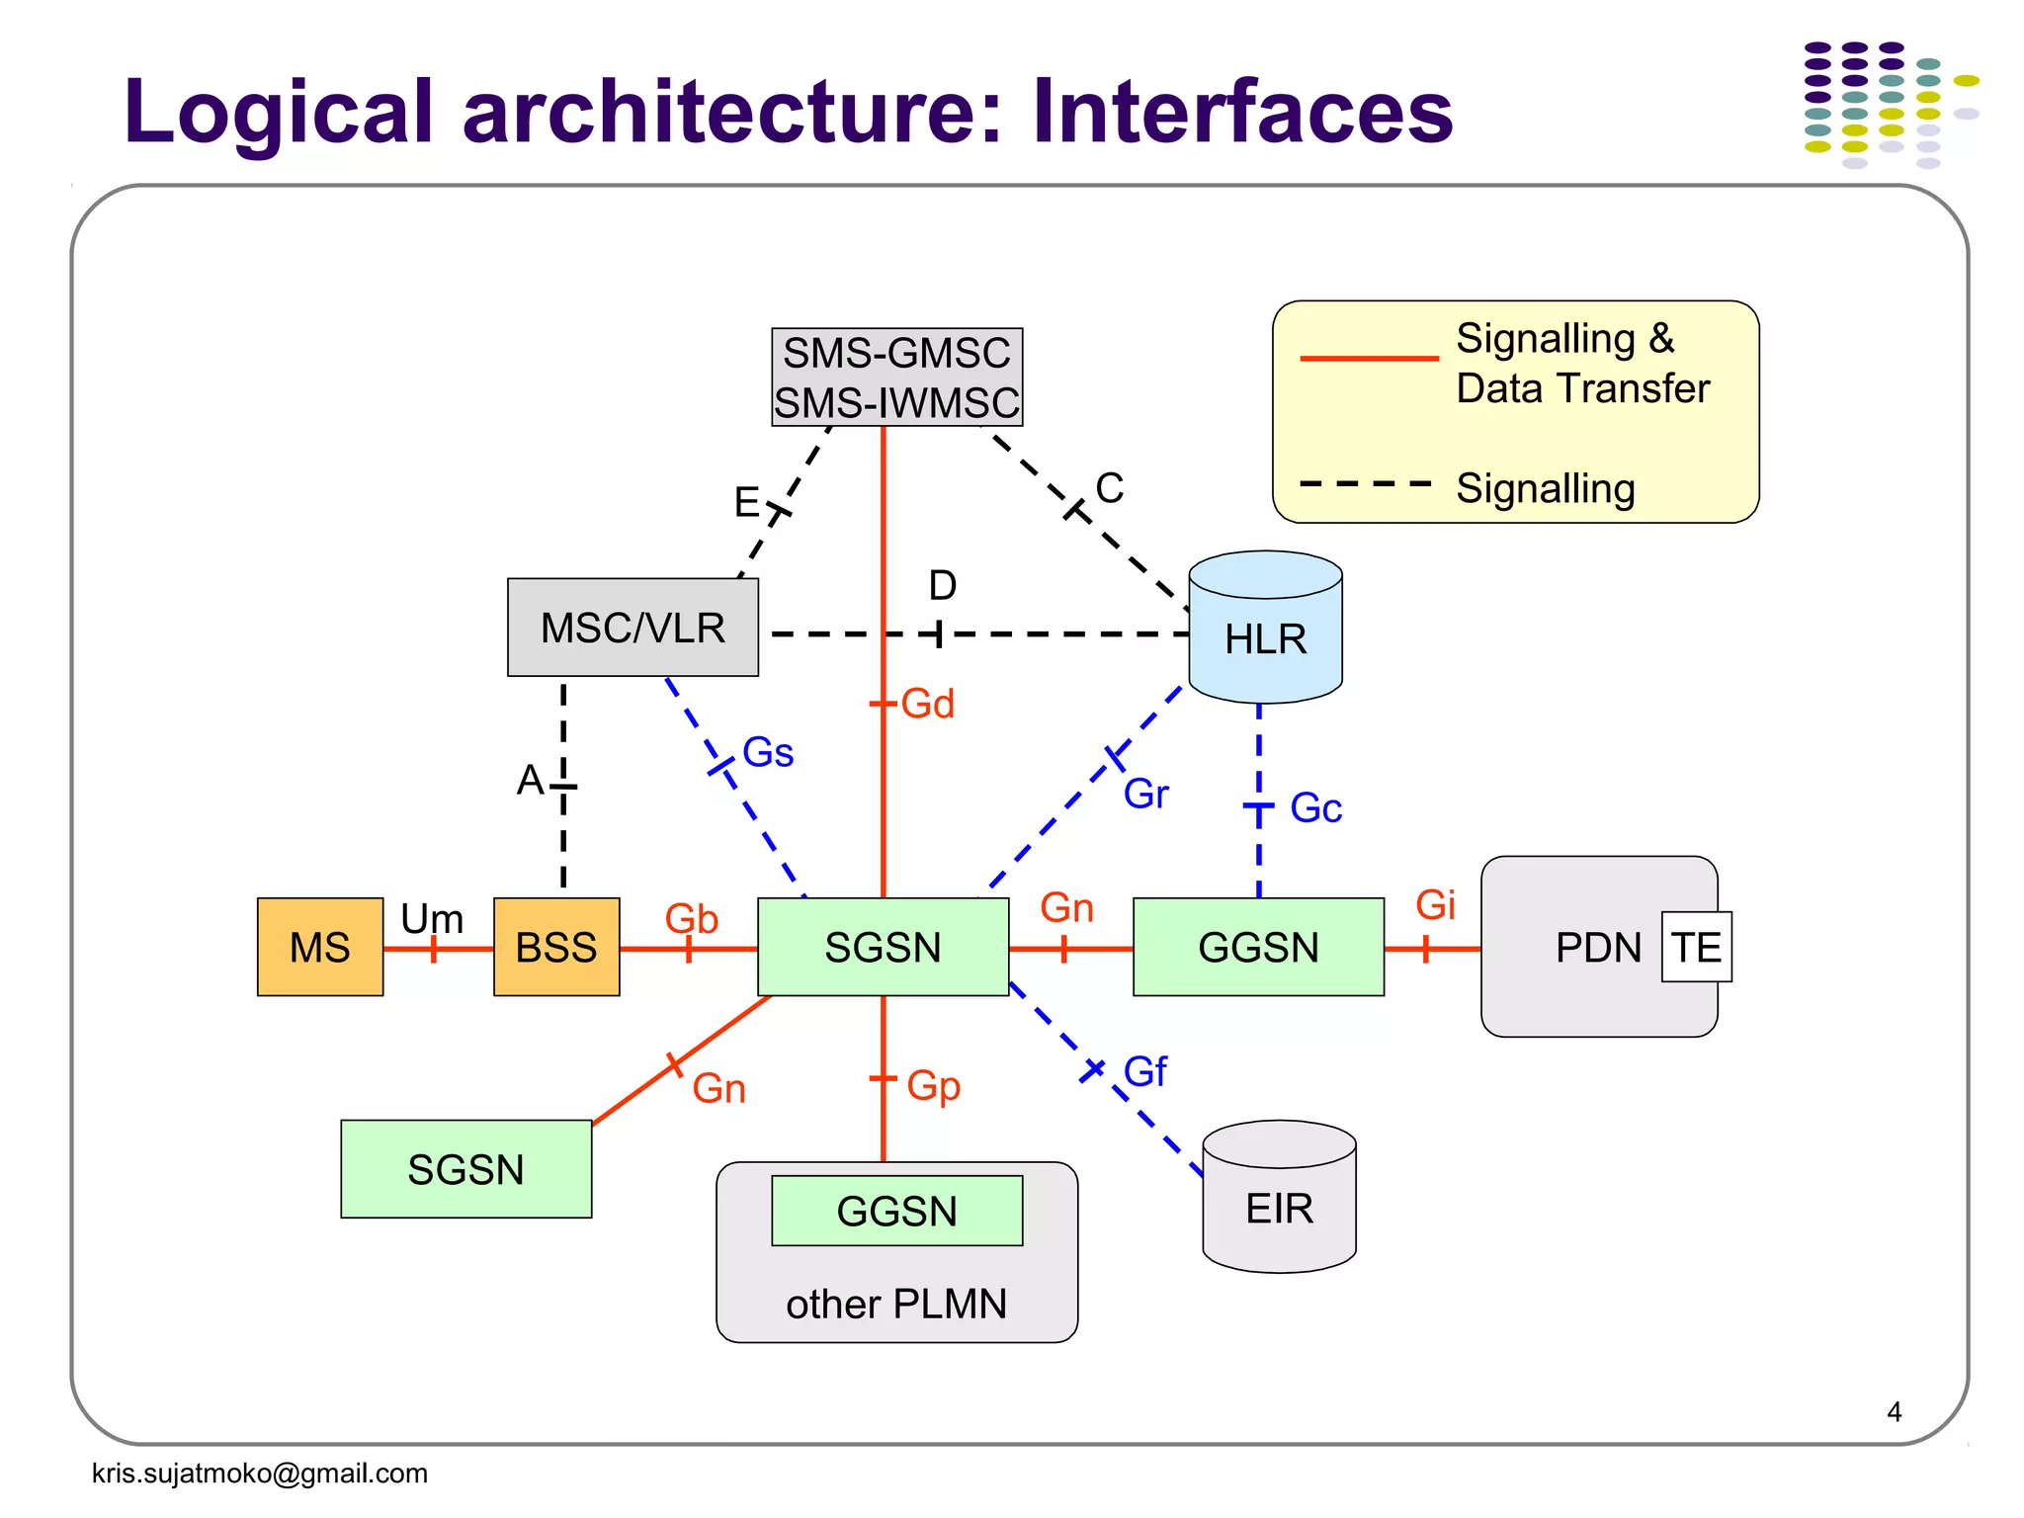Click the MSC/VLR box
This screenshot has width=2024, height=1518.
click(x=632, y=628)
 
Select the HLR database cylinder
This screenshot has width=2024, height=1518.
click(x=1265, y=632)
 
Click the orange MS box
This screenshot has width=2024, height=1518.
click(x=319, y=947)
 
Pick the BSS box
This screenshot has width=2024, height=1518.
click(x=556, y=947)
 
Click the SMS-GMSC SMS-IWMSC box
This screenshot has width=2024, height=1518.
click(x=896, y=378)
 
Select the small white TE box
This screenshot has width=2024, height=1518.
click(x=1696, y=947)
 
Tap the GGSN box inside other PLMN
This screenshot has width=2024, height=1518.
click(x=896, y=1211)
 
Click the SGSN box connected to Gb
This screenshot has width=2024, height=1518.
click(x=883, y=947)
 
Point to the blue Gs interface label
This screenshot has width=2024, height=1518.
click(x=768, y=752)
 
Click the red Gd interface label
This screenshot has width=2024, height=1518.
click(x=928, y=704)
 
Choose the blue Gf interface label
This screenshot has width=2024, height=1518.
click(x=1145, y=1071)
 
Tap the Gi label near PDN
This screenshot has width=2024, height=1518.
click(x=1435, y=905)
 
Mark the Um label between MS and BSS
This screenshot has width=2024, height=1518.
click(x=432, y=919)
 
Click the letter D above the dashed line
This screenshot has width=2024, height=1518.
click(x=942, y=585)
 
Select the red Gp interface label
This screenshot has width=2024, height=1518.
click(x=933, y=1085)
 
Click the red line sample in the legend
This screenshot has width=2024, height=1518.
click(x=1369, y=358)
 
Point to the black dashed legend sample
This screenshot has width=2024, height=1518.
click(x=1365, y=484)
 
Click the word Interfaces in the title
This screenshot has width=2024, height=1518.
click(x=1242, y=111)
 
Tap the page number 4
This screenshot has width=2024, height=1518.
click(x=1894, y=1411)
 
